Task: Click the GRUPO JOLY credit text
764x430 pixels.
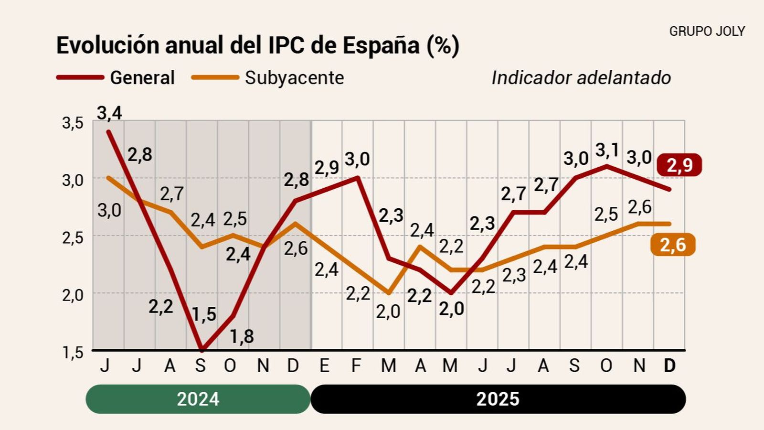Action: pos(707,32)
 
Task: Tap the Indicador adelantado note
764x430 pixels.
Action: pos(581,78)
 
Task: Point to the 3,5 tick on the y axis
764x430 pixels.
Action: pos(73,123)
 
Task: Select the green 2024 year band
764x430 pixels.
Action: pos(198,399)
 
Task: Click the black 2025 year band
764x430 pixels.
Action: pos(498,399)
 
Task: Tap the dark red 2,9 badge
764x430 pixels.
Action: pos(679,165)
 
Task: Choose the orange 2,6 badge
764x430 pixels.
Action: pos(672,245)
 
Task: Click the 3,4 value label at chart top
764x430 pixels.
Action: pos(109,113)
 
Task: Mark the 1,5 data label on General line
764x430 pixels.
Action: pos(204,314)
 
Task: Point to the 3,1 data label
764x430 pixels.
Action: pos(607,150)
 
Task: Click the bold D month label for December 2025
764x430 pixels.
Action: pos(670,366)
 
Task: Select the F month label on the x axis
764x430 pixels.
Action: pos(356,366)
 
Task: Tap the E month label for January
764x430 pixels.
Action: pos(324,366)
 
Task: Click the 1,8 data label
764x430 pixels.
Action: pos(242,337)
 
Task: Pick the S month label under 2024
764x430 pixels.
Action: pos(201,366)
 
